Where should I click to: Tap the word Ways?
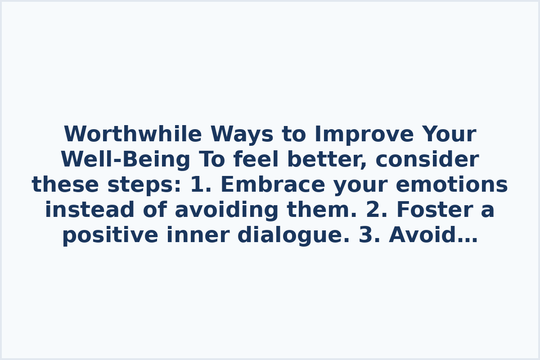(x=242, y=135)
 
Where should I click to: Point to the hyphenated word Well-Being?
(x=126, y=160)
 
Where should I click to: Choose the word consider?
(x=427, y=160)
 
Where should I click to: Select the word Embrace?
(x=273, y=185)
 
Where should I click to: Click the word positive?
(x=110, y=235)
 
